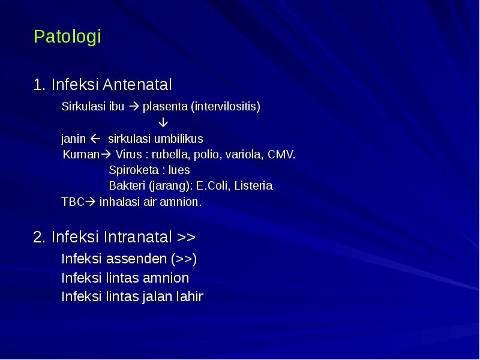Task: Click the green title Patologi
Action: click(67, 37)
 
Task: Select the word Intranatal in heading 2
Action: click(137, 237)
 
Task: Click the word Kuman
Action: click(80, 155)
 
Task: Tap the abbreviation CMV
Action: click(281, 155)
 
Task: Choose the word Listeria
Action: click(253, 186)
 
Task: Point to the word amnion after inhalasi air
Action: click(182, 202)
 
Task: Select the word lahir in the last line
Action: click(190, 296)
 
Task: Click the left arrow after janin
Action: click(95, 139)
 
